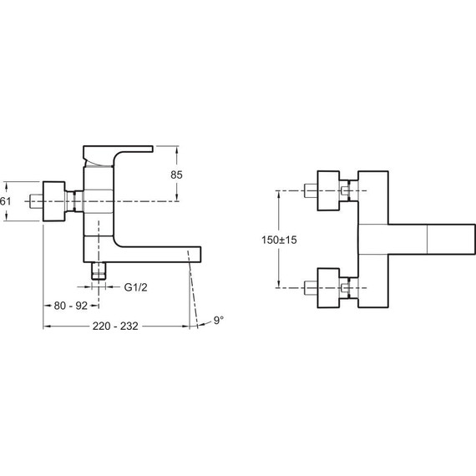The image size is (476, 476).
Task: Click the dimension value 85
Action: point(176,175)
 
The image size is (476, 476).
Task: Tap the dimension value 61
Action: point(5,201)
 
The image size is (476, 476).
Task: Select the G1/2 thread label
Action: point(135,287)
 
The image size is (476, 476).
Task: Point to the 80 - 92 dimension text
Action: point(71,306)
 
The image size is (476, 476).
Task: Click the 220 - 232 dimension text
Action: point(115,326)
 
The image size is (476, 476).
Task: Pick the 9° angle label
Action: point(219,321)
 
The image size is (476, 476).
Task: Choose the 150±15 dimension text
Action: point(279,240)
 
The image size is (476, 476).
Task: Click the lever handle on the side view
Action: point(118,155)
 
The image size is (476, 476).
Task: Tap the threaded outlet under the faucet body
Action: point(99,271)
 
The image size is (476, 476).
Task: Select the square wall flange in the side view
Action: point(54,201)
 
